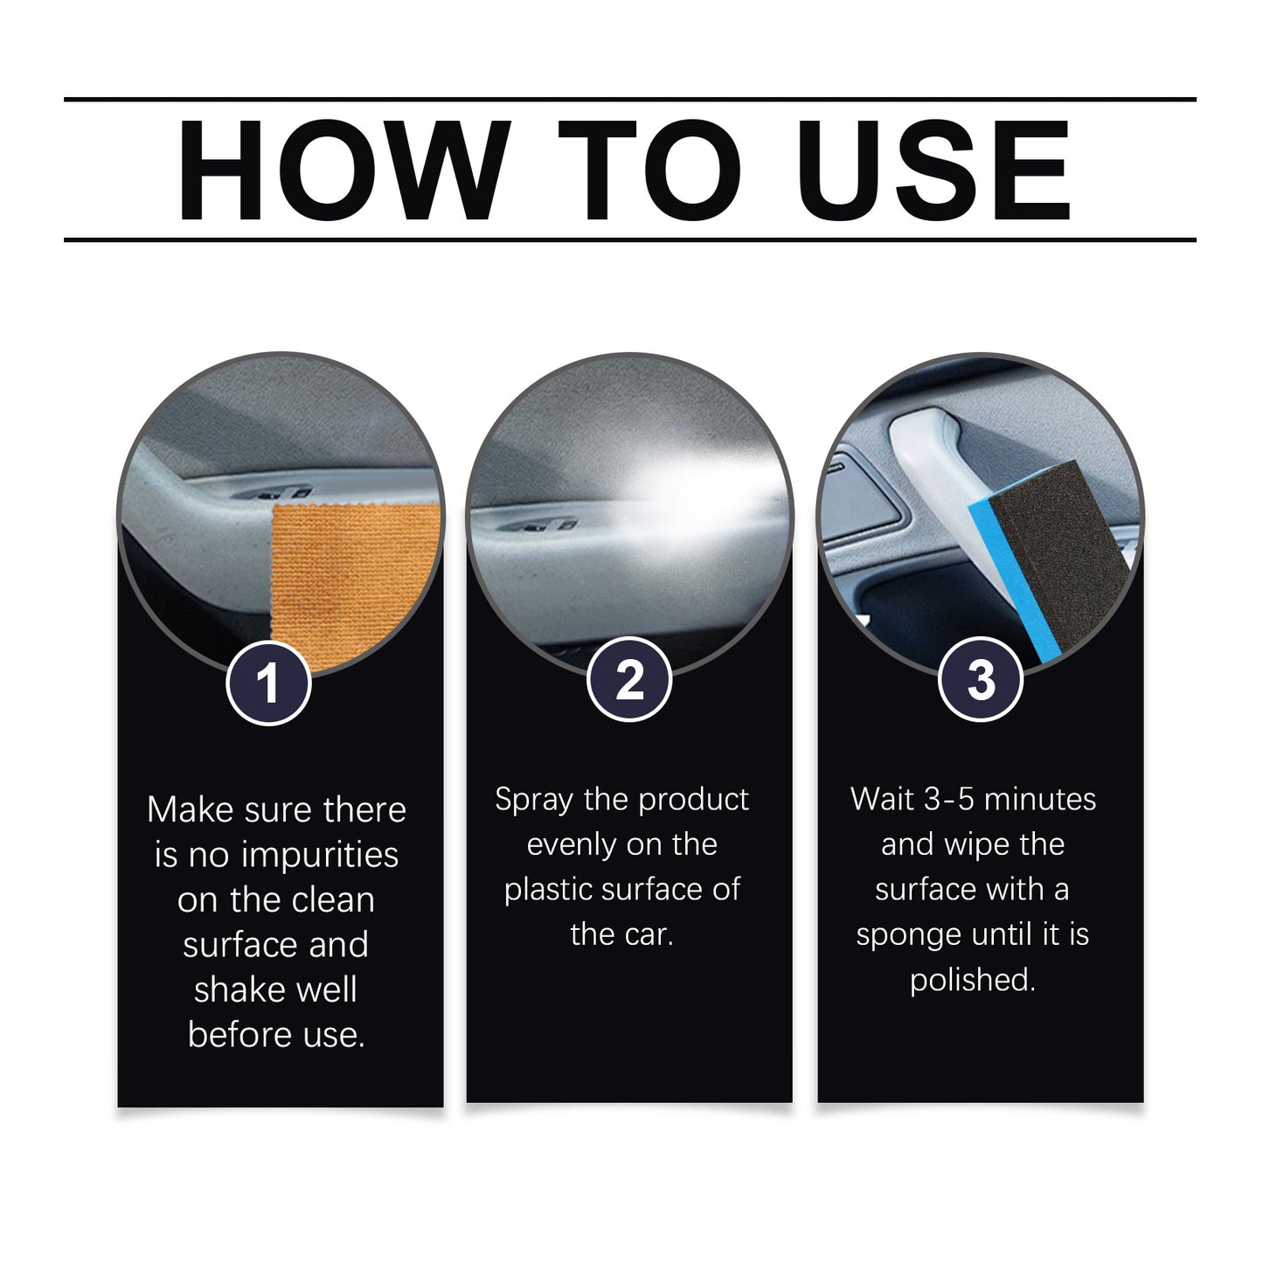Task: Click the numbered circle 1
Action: pos(268,682)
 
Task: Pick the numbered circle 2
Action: pos(628,680)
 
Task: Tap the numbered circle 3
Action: pos(981,680)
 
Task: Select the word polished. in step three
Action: pos(972,981)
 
